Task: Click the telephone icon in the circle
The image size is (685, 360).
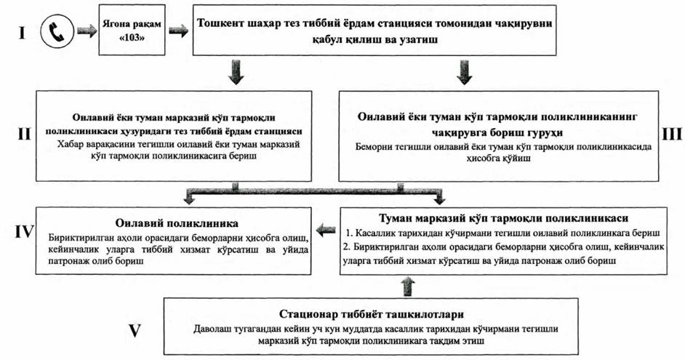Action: click(x=55, y=33)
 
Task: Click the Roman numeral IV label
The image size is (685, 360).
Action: click(x=21, y=231)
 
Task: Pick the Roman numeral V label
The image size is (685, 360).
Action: click(x=134, y=329)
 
